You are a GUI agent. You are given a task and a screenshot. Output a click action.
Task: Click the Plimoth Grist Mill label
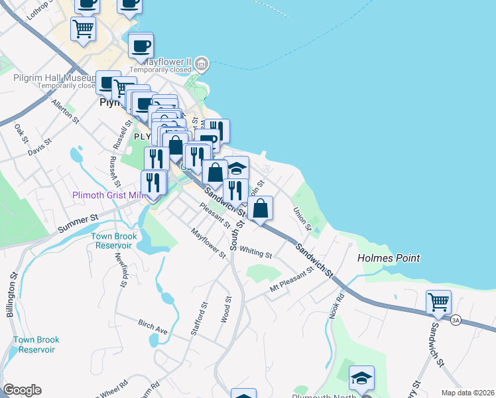pyautogui.click(x=107, y=195)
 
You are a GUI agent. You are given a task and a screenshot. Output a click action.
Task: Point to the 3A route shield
pyautogui.click(x=455, y=320)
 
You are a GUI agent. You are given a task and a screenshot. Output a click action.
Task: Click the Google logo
pyautogui.click(x=22, y=390)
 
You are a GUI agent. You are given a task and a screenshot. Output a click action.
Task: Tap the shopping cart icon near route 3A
pyautogui.click(x=438, y=302)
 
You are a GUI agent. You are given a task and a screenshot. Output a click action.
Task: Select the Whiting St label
pyautogui.click(x=256, y=252)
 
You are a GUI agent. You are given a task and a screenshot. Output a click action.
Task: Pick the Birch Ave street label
pyautogui.click(x=153, y=327)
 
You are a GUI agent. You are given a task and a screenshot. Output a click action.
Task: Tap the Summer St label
pyautogui.click(x=78, y=222)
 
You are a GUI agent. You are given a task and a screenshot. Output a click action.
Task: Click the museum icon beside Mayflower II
pyautogui.click(x=202, y=65)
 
